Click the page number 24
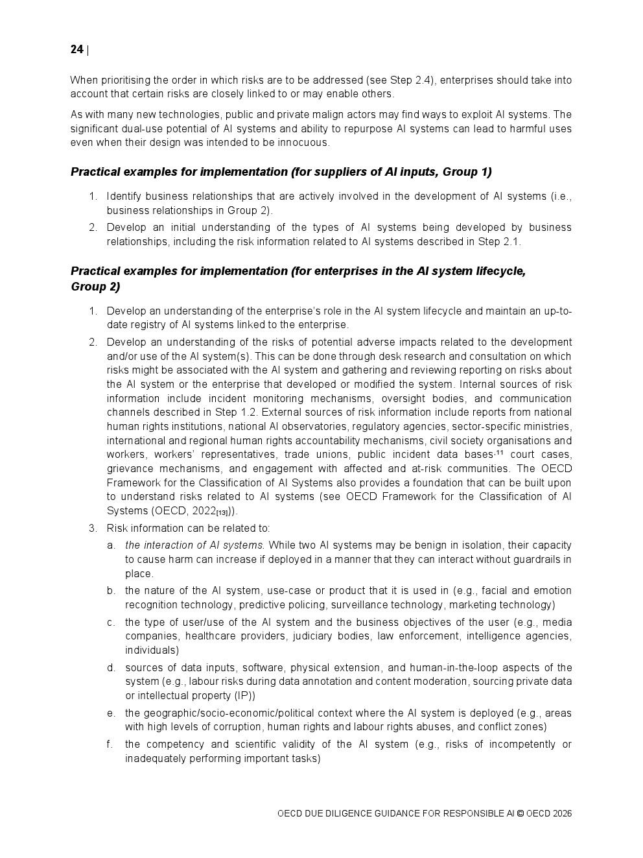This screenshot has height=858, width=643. click(x=76, y=50)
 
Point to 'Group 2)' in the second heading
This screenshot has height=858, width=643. click(x=95, y=287)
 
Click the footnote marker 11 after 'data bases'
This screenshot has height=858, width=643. click(x=500, y=452)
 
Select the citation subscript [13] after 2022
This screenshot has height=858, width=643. click(x=222, y=512)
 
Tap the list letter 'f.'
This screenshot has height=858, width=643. click(x=110, y=745)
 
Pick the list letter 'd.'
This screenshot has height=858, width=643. click(x=111, y=668)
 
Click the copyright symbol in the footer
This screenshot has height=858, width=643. click(x=520, y=814)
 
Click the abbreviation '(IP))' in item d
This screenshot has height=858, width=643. click(x=244, y=696)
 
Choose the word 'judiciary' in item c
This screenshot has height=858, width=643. click(x=314, y=636)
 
